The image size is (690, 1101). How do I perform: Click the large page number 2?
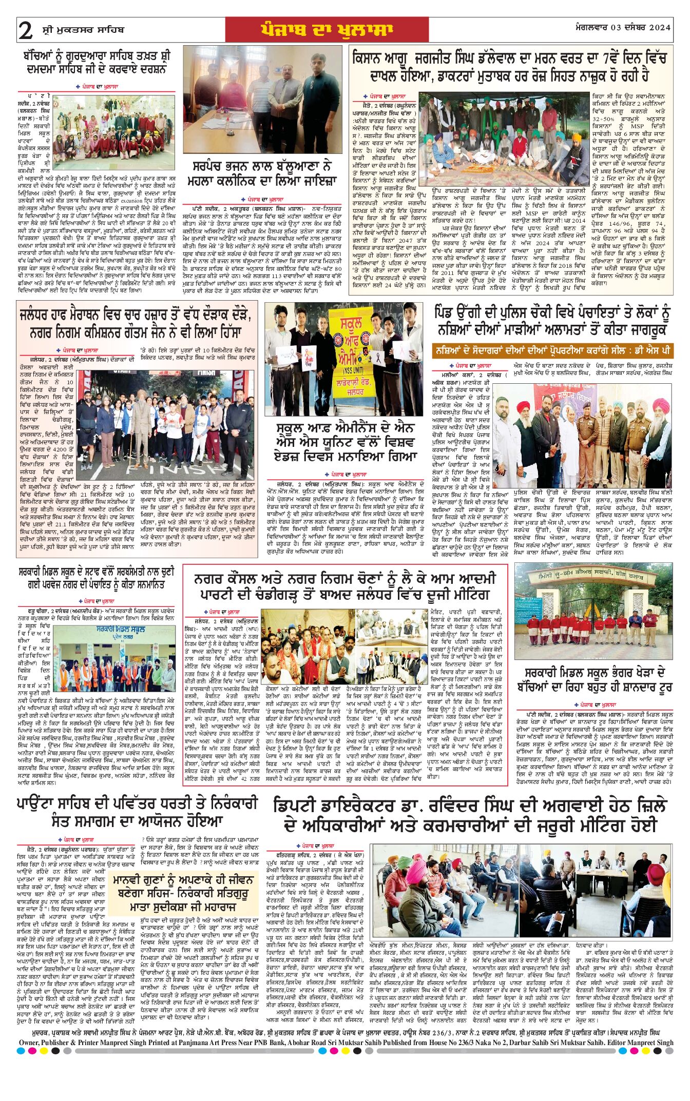coord(26,31)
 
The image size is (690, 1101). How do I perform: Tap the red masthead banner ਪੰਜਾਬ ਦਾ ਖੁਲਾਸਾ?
coord(327,30)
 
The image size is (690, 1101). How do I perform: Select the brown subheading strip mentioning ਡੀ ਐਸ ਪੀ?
coord(552,351)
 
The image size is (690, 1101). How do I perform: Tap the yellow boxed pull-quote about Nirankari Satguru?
coord(183,893)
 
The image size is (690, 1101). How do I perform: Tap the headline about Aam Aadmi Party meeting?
coord(345,586)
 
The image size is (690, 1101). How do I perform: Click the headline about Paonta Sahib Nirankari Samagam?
coord(137,812)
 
